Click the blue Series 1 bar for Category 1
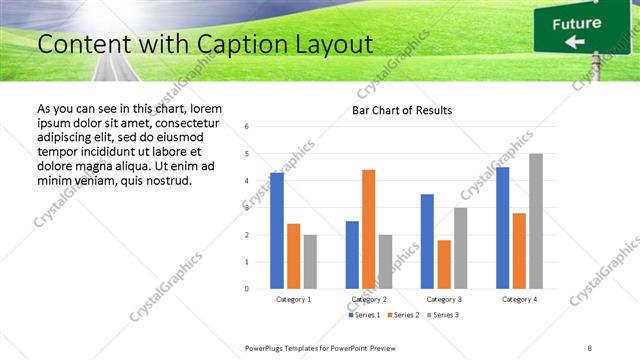pos(277,231)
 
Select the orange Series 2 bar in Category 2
pos(368,229)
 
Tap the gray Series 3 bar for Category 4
pos(536,221)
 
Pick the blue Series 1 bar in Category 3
pos(427,241)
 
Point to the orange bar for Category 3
pos(444,264)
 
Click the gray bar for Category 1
pos(310,262)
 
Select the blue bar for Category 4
pos(503,228)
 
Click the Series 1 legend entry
pos(363,315)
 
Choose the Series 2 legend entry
pos(403,315)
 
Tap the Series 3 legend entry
pos(444,315)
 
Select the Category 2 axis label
pos(369,299)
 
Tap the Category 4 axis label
pos(519,299)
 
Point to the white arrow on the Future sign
pos(574,41)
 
